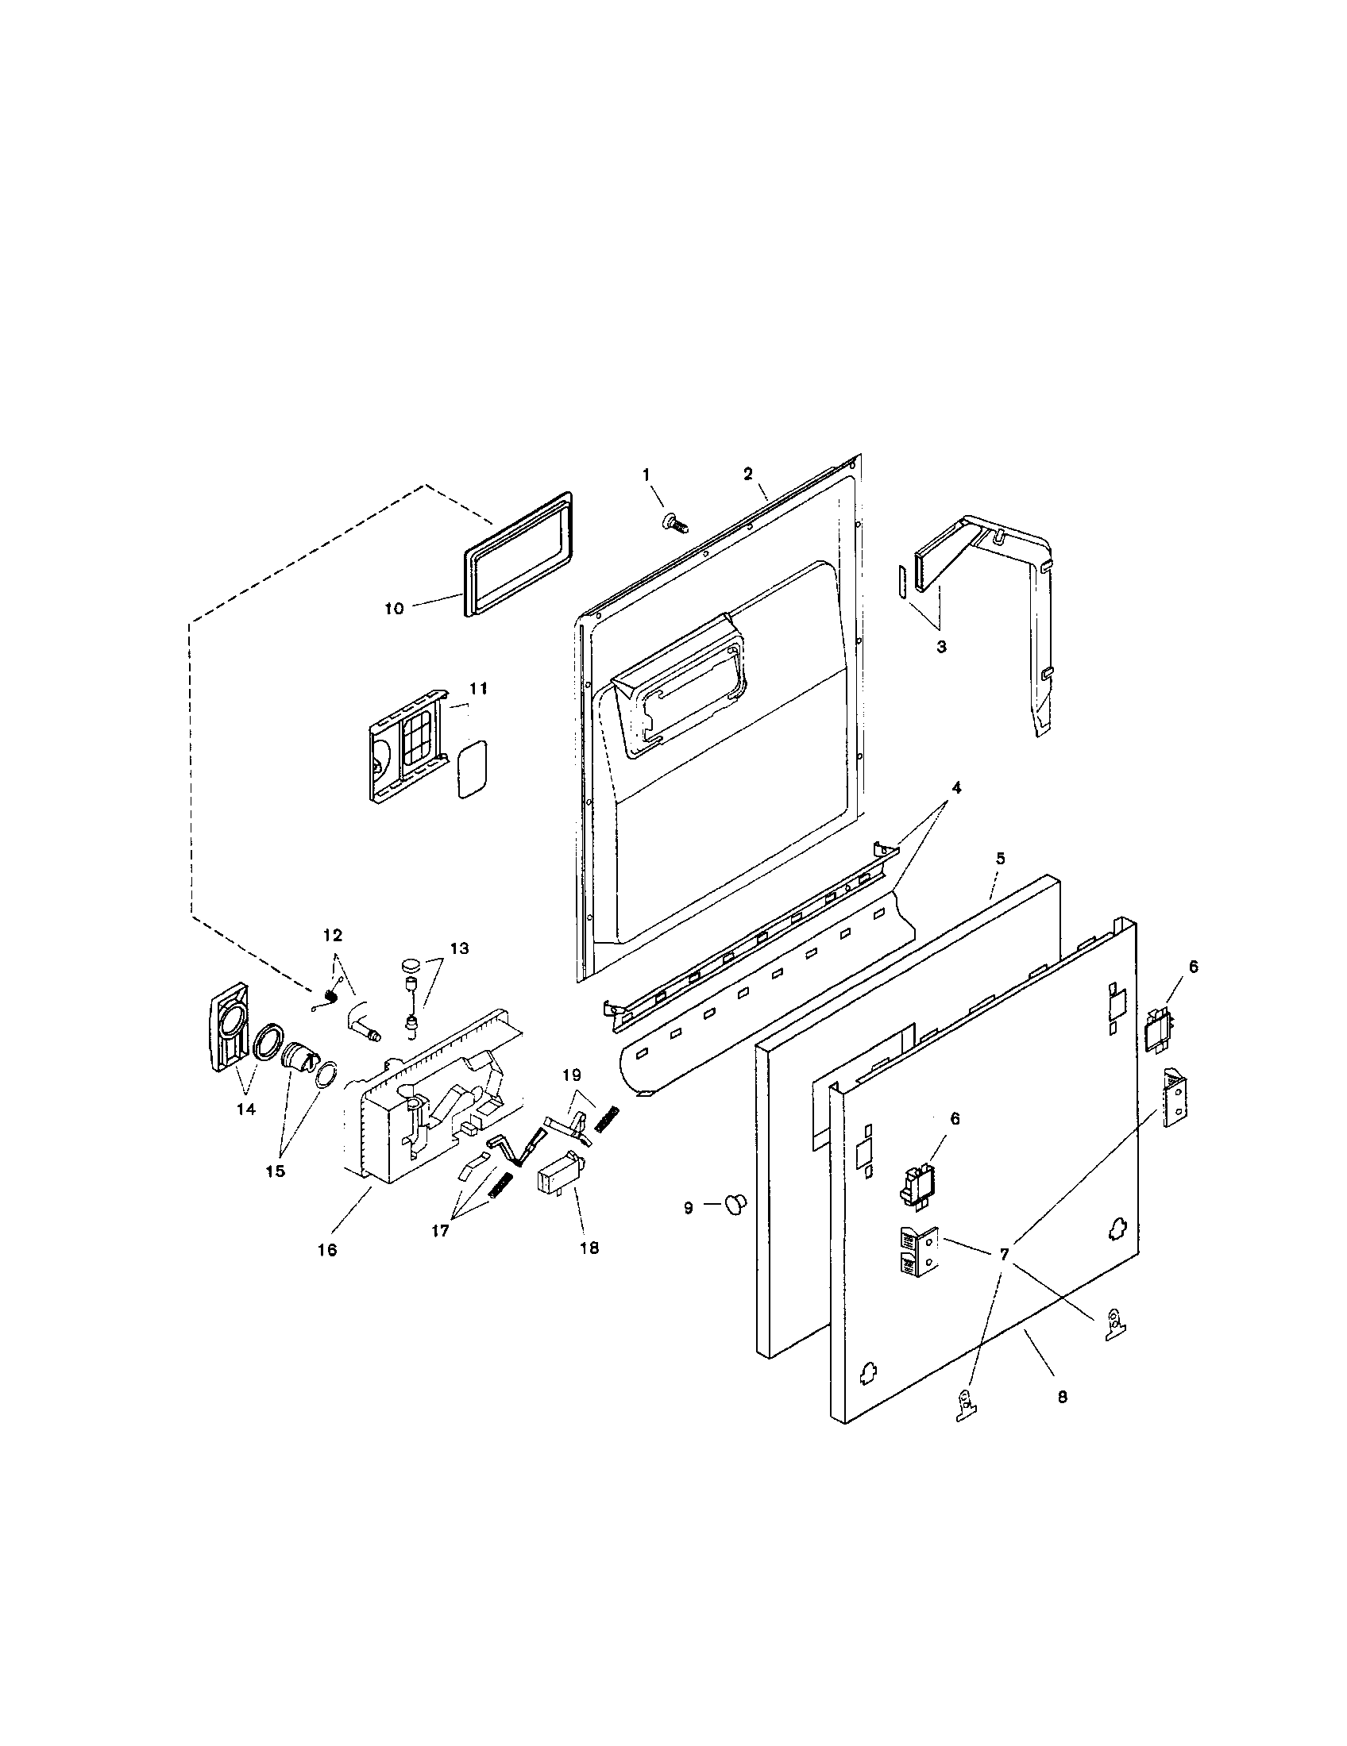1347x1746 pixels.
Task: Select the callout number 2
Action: click(x=747, y=473)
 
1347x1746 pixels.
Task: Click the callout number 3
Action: click(x=940, y=647)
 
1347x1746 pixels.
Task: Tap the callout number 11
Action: click(x=477, y=688)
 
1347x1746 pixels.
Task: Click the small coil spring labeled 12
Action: click(x=328, y=995)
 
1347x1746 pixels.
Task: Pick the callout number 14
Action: click(x=246, y=1109)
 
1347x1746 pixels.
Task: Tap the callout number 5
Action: click(x=1000, y=858)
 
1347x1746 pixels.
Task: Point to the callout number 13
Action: click(x=458, y=949)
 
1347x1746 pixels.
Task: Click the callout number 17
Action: click(x=440, y=1231)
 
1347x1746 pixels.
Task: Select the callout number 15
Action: click(x=274, y=1171)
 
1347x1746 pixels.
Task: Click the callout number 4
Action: click(x=956, y=787)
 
